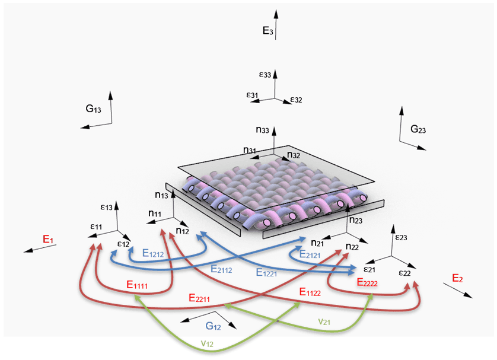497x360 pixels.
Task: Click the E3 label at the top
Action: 267,31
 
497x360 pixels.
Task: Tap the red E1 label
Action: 48,239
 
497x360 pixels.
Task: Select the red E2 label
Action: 457,278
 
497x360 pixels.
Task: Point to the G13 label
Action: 93,109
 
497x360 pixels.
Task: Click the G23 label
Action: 418,129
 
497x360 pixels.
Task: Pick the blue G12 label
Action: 213,326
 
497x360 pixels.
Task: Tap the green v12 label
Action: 207,343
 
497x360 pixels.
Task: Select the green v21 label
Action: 324,321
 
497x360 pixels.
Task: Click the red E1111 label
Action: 137,285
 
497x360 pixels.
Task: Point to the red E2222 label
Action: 367,282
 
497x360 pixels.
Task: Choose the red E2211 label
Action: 199,298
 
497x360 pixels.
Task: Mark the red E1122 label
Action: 310,292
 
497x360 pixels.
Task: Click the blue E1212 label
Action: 153,253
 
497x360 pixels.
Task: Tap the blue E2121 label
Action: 310,254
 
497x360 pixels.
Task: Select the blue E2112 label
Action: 221,269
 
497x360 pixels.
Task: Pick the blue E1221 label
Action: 266,273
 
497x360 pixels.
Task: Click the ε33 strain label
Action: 265,75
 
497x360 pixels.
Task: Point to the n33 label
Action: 263,130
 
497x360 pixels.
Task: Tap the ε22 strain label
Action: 404,273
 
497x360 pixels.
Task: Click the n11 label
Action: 155,214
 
